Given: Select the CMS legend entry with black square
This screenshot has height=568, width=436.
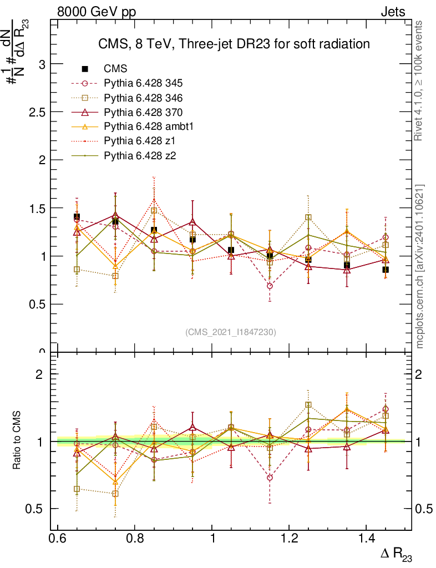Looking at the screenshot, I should (x=115, y=69).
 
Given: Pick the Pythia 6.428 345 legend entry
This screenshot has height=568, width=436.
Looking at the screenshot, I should (x=143, y=83).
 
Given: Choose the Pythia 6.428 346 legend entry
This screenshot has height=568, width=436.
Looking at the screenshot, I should (x=143, y=98).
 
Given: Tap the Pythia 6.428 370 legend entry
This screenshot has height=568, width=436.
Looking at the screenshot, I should (x=143, y=112).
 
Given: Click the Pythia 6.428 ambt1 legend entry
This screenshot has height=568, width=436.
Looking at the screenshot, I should (x=146, y=126).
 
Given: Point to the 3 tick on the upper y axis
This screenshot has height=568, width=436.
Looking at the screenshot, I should (x=41, y=64).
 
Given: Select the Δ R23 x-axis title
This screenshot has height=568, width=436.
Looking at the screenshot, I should (x=396, y=554).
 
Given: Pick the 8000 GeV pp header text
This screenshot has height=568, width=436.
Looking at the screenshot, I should (x=97, y=12).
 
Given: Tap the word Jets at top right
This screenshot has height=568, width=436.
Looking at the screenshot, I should (x=392, y=12).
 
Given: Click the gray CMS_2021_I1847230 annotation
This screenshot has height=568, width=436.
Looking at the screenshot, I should (x=231, y=332).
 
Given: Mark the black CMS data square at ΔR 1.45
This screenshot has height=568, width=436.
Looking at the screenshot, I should (x=386, y=270).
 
